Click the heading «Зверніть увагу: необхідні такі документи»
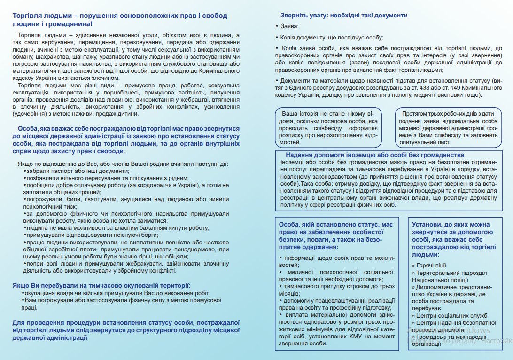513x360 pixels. coord(343,15)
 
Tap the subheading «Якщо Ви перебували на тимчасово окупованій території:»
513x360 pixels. coord(101,285)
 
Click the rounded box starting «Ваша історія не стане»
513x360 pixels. coord(328,128)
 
